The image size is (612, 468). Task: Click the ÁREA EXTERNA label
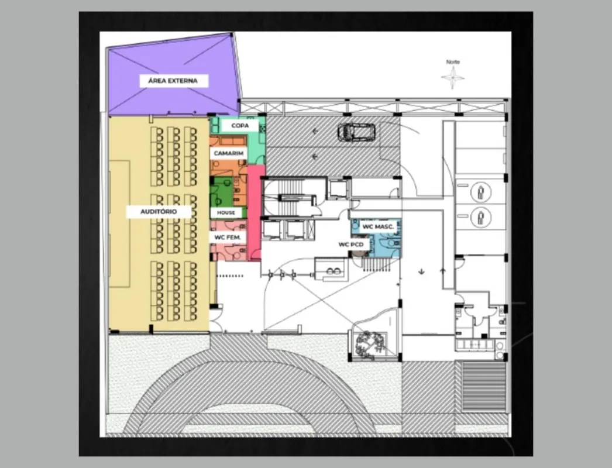click(x=174, y=81)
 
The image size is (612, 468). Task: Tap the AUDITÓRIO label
click(x=159, y=212)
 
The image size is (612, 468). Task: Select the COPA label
click(x=240, y=126)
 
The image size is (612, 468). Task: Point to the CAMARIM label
click(x=229, y=153)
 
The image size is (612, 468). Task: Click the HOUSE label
click(x=226, y=213)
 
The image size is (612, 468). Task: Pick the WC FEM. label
click(x=228, y=237)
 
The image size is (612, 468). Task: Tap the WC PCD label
click(x=351, y=245)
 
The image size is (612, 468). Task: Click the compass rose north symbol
click(x=453, y=77)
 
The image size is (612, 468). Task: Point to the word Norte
click(x=453, y=61)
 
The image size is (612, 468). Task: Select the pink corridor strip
click(x=256, y=213)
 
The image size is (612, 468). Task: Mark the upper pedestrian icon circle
click(x=481, y=192)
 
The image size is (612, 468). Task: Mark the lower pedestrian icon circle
click(x=481, y=218)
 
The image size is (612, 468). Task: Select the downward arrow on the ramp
click(x=421, y=271)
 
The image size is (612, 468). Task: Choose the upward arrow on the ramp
click(x=443, y=271)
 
